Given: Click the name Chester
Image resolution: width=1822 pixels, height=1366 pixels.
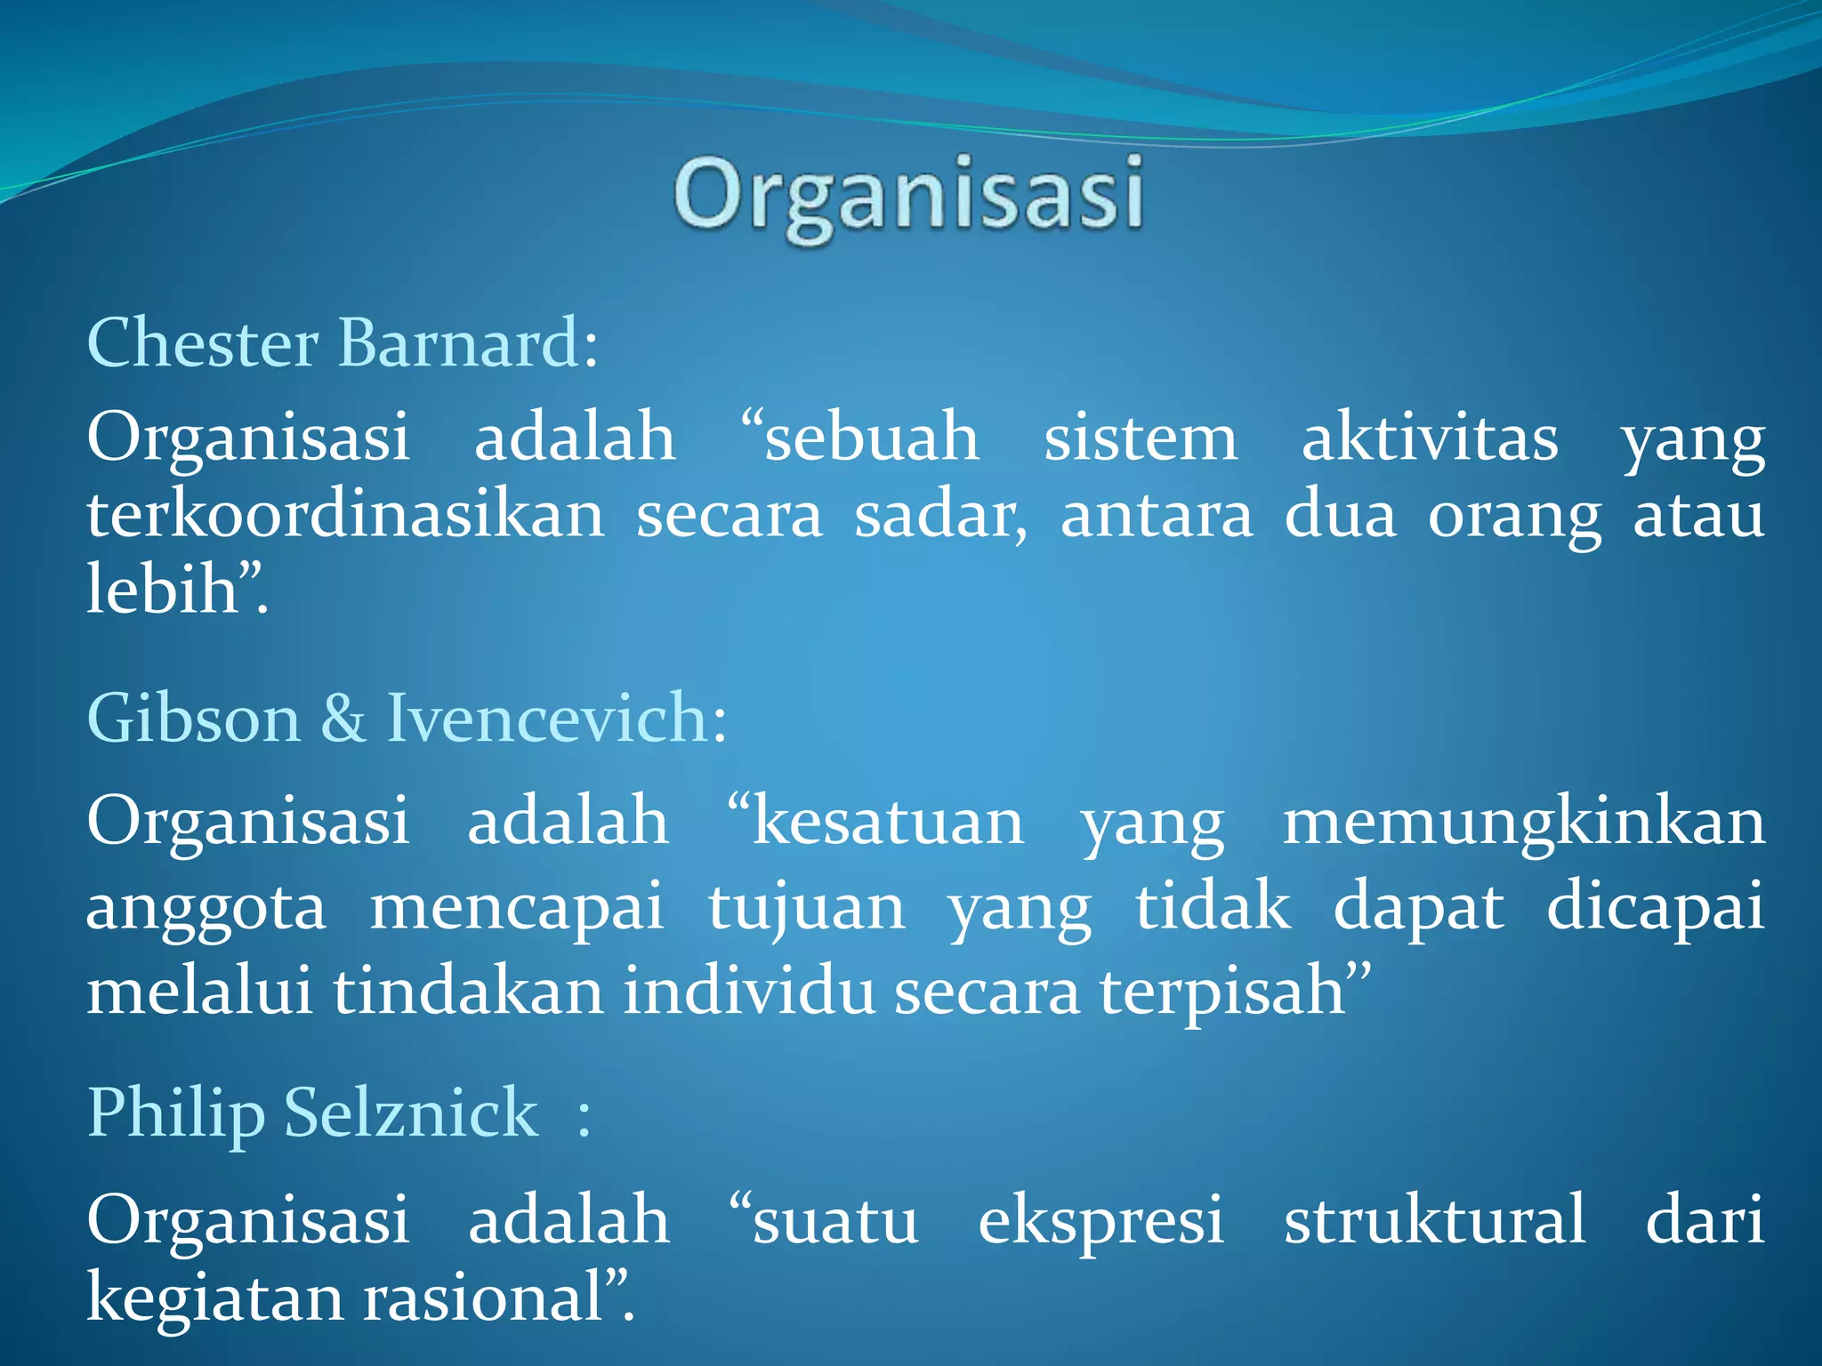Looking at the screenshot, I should (202, 343).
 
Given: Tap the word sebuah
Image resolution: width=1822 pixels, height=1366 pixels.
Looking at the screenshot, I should (872, 438).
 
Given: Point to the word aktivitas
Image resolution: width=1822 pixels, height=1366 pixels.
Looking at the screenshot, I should (1430, 438).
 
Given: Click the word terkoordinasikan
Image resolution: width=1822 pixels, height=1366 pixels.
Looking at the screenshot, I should (345, 516).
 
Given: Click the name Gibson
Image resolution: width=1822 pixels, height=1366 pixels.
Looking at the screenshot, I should (194, 719).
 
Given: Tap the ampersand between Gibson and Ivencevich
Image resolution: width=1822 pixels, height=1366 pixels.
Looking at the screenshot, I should (343, 719).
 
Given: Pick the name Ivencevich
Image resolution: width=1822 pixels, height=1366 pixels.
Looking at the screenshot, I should (548, 719).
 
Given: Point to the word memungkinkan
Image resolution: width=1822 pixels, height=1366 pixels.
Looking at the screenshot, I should (1523, 822).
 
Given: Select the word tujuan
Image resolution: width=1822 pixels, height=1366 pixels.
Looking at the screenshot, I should (806, 909).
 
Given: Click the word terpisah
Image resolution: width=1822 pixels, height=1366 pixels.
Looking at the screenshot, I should (1222, 992).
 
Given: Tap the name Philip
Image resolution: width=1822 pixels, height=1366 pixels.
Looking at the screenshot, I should (176, 1113).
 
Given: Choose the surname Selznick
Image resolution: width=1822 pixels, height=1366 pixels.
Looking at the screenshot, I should (411, 1113).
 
